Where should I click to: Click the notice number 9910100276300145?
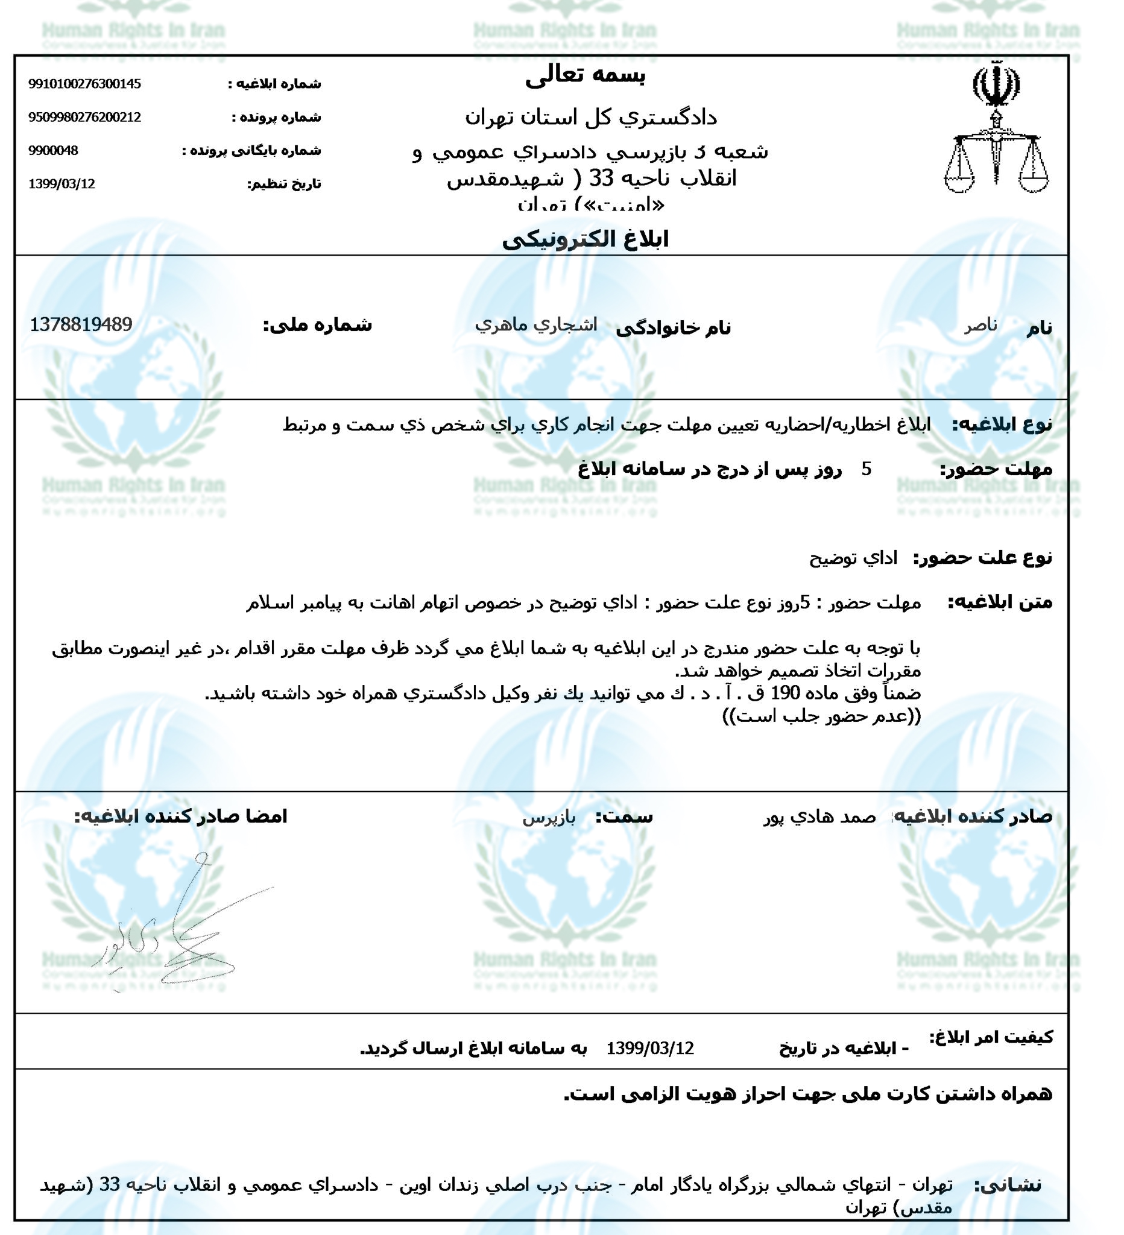click(x=84, y=84)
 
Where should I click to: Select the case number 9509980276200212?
click(x=84, y=117)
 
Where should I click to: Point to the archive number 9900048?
click(x=53, y=151)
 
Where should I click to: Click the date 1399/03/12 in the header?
click(x=62, y=184)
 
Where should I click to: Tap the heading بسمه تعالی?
click(x=585, y=76)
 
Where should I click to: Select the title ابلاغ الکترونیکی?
click(x=585, y=239)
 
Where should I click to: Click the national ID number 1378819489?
click(x=81, y=324)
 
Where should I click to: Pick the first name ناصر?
click(x=980, y=325)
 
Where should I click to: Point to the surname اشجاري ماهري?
click(x=536, y=324)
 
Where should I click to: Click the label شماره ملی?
click(x=317, y=324)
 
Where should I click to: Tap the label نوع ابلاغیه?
click(x=1002, y=424)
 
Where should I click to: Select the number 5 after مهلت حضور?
click(x=866, y=469)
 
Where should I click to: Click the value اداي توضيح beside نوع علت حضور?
click(x=853, y=558)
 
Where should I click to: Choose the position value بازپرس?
click(x=549, y=817)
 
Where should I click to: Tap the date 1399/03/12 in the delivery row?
click(x=650, y=1049)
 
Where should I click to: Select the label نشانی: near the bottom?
click(x=1008, y=1186)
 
